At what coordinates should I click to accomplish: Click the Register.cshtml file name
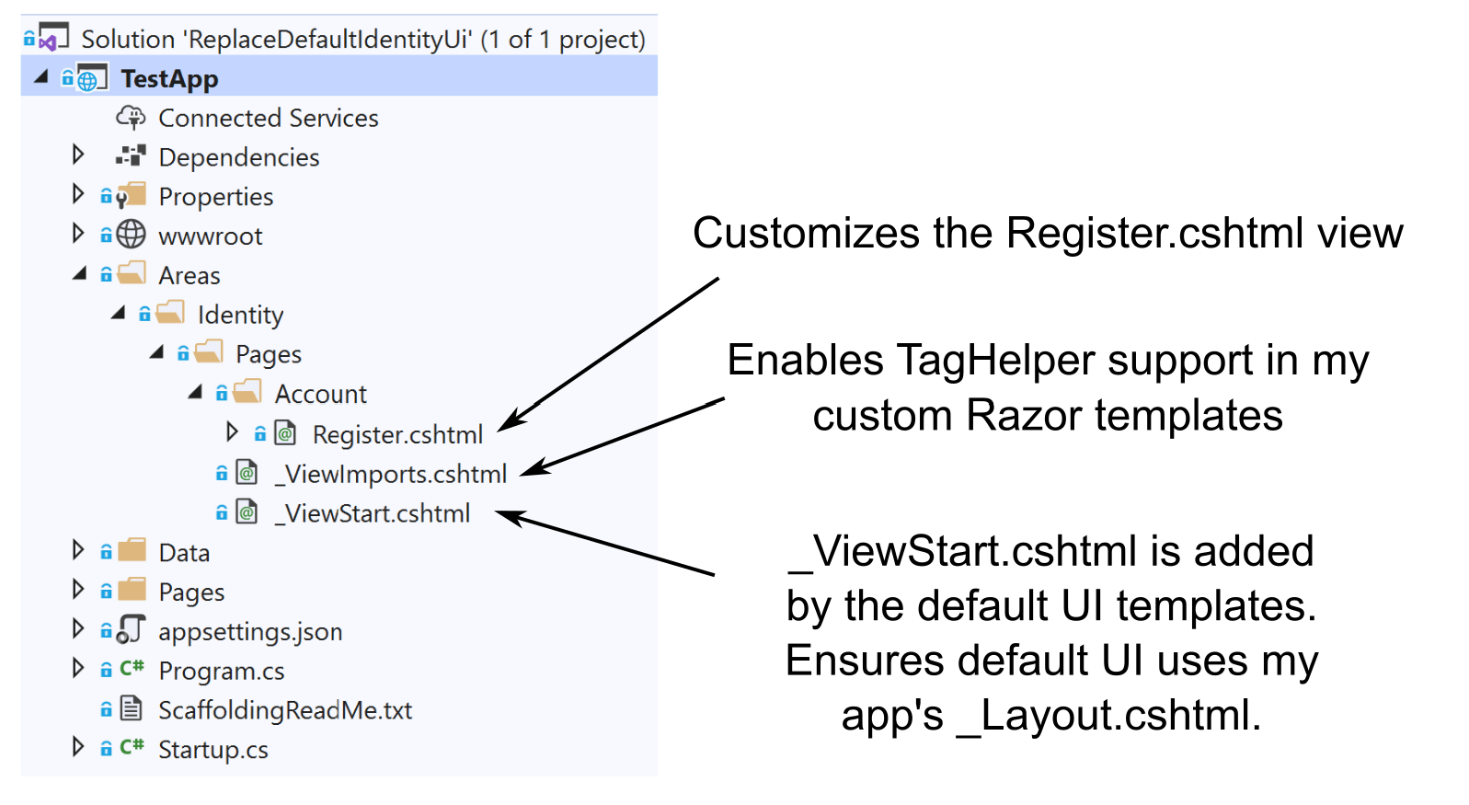[397, 434]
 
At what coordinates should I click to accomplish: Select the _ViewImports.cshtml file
[391, 474]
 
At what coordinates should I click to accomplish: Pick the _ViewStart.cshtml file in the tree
[372, 513]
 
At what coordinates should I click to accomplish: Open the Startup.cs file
[213, 749]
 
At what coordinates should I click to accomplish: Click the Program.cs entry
[222, 671]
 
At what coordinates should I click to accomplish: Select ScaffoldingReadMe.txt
[285, 710]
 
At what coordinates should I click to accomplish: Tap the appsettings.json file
[250, 631]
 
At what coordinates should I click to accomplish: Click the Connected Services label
[269, 118]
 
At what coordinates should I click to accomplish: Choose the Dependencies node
[239, 157]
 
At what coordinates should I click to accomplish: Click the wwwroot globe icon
[132, 235]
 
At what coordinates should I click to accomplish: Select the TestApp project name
[170, 79]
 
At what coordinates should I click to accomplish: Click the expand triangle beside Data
[78, 550]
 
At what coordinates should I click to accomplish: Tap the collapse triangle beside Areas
[80, 273]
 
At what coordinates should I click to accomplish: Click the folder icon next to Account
[247, 392]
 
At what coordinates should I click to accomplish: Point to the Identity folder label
[241, 315]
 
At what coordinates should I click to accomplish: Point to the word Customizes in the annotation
[806, 233]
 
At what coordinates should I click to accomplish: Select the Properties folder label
[216, 197]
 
